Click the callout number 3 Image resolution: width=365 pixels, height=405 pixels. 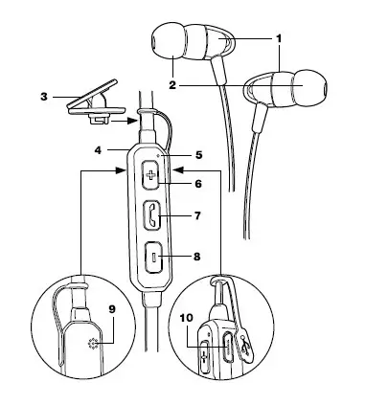point(44,97)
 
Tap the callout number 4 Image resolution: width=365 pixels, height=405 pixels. point(99,149)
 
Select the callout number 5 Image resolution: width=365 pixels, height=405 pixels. point(198,155)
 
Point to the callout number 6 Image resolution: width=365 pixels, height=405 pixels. point(198,184)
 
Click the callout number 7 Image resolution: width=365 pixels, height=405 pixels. point(197,215)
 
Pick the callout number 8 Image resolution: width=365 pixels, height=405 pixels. point(197,257)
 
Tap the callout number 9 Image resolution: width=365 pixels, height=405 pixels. point(112,309)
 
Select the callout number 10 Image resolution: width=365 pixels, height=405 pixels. point(187,318)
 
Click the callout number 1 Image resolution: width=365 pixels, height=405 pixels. point(279,38)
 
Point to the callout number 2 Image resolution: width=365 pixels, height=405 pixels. point(172,85)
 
